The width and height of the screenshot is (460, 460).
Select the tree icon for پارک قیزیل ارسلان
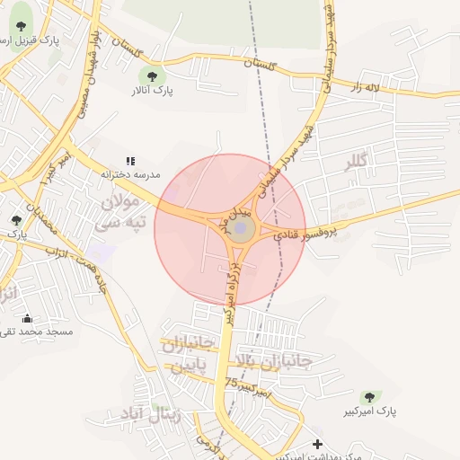click(x=21, y=27)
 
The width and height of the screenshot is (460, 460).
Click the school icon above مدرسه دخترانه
click(x=130, y=161)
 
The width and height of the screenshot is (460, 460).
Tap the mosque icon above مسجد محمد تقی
click(x=27, y=318)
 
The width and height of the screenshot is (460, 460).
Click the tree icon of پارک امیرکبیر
click(x=368, y=397)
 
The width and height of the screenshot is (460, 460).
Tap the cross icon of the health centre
click(x=317, y=444)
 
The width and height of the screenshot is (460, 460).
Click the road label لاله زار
click(x=368, y=87)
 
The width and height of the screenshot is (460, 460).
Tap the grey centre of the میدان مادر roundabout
click(x=241, y=230)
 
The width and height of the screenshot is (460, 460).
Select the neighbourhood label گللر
click(x=358, y=164)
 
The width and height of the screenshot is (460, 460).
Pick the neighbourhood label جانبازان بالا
click(x=271, y=361)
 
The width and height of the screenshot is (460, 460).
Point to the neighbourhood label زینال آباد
click(x=148, y=415)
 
